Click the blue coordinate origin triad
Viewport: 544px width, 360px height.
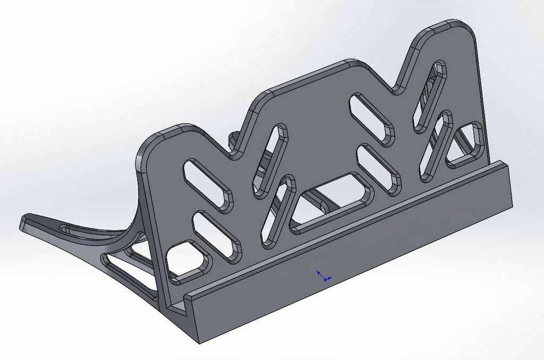click(x=323, y=276)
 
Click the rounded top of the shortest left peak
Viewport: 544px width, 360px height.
click(x=170, y=133)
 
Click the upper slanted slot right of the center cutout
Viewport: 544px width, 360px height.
click(x=371, y=119)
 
